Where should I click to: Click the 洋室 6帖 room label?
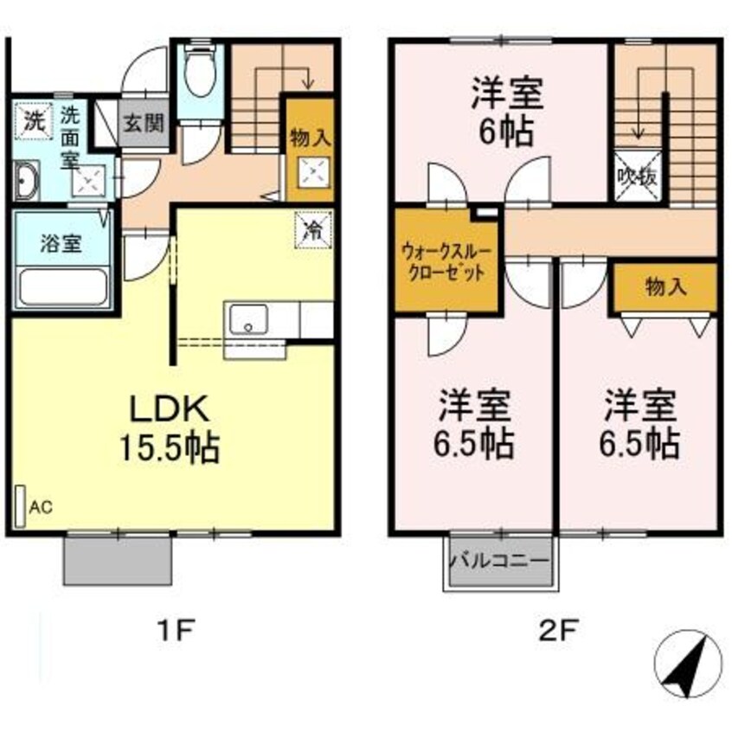(506, 112)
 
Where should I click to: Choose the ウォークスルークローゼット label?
(445, 260)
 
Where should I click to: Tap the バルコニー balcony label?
(498, 560)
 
